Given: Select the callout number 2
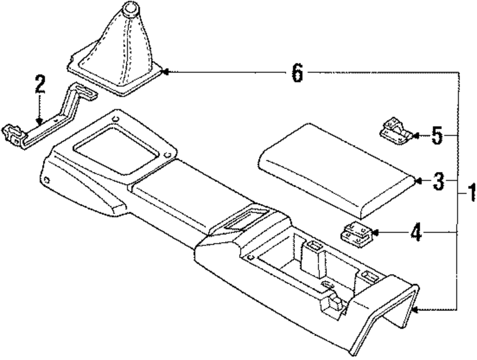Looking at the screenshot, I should [x=40, y=85].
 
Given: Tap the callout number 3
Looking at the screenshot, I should [x=438, y=181].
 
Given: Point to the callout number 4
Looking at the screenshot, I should [x=416, y=233].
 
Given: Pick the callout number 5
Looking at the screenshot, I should [x=437, y=136].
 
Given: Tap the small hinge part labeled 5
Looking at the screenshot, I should [x=395, y=130].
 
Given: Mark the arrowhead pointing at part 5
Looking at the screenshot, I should [x=415, y=136].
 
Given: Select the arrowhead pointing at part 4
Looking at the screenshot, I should [x=375, y=233].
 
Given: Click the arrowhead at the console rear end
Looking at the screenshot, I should [x=415, y=311].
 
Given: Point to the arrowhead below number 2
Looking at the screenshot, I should [x=40, y=122].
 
